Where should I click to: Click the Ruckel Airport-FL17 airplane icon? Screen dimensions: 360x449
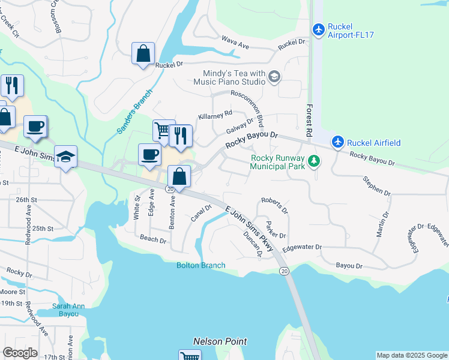coord(319,29)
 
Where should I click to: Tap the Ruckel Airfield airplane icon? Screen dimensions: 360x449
coord(339,142)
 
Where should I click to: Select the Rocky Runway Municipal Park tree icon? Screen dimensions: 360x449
coord(313,161)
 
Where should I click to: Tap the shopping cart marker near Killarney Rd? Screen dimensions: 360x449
coord(162,130)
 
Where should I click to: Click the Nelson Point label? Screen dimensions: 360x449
coord(220,341)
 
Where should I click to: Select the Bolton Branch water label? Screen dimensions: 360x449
coord(201,265)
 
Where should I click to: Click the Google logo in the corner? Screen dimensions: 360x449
coord(20,353)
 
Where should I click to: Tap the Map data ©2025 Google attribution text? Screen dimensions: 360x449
coord(412,355)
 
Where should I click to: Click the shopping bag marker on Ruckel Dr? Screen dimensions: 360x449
coord(143,54)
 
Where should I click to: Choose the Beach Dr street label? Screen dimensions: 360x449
coord(152,239)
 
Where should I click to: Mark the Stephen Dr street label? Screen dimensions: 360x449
coord(376,185)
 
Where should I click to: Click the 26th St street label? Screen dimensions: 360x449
coord(26,199)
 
